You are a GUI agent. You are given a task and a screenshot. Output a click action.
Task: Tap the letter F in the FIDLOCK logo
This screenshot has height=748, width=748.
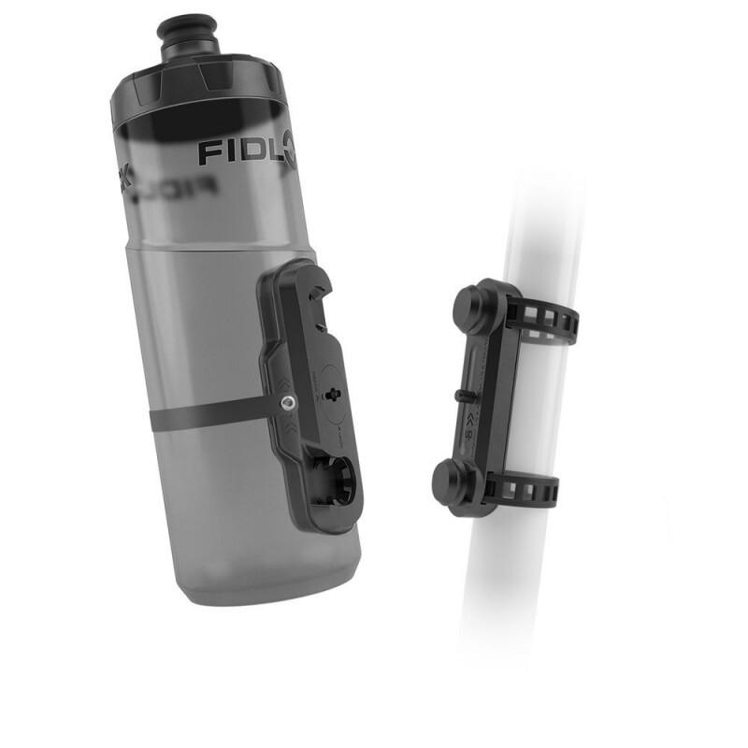pyautogui.click(x=208, y=151)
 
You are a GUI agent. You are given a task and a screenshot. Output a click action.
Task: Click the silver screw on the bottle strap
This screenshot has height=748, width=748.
pyautogui.click(x=288, y=403)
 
